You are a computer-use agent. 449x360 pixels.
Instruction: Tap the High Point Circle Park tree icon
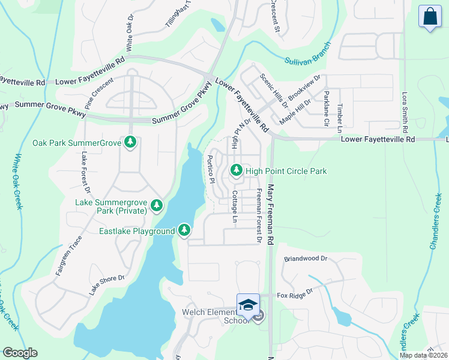(x=237, y=171)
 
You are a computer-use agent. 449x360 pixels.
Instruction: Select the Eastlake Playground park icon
(x=184, y=230)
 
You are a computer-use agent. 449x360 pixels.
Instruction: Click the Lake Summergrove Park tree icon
(x=157, y=206)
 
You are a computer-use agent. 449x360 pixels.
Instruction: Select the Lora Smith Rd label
(x=406, y=113)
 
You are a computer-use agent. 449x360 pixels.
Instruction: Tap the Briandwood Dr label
(x=306, y=259)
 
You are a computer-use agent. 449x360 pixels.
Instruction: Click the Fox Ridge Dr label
(x=295, y=295)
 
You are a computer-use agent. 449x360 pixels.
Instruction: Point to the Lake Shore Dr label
(x=107, y=285)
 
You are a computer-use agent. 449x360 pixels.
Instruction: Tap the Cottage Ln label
(x=234, y=208)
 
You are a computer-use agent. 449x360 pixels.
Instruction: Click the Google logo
(x=20, y=353)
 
